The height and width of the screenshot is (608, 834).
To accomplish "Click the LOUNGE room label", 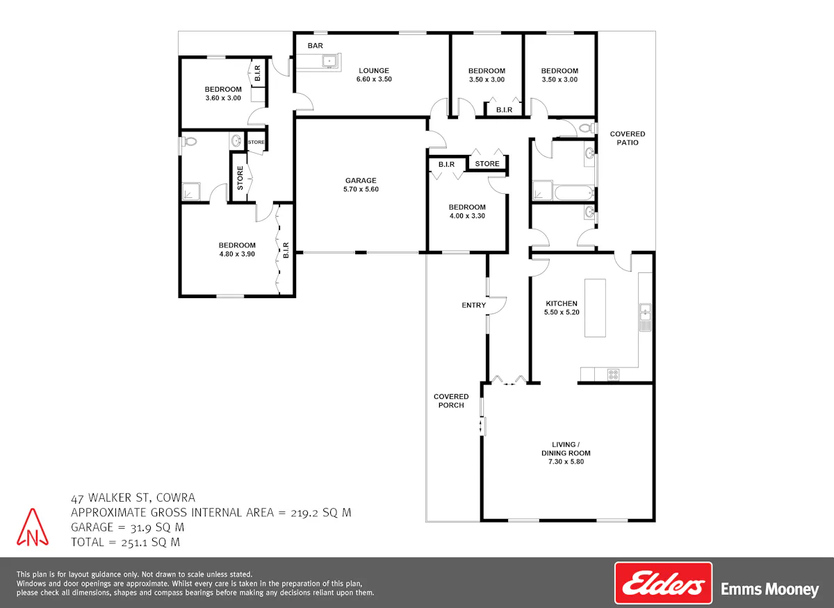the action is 374,71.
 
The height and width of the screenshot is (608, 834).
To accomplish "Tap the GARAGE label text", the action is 361,181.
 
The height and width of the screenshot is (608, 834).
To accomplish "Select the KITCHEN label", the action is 562,304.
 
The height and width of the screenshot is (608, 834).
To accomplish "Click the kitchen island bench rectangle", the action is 595,308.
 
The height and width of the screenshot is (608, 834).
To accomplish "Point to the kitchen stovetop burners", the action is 613,375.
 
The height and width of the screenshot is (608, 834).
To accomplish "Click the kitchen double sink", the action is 645,312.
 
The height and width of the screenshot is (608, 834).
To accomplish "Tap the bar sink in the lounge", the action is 329,61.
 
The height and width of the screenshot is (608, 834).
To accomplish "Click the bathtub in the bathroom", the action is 574,193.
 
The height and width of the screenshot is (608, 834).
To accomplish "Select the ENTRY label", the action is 473,305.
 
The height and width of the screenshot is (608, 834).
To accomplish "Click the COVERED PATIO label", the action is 628,138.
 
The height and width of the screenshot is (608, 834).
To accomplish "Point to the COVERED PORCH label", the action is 451,401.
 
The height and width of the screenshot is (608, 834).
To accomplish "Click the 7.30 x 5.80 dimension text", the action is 566,461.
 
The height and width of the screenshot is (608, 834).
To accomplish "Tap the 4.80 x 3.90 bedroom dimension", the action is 237,254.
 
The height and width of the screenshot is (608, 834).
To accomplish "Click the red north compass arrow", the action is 33,527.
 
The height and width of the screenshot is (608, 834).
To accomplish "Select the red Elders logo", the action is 663,583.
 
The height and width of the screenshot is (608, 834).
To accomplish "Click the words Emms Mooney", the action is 769,589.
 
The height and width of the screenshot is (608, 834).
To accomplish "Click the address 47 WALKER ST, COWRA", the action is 133,498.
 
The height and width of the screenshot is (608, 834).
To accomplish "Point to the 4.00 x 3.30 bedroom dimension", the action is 467,216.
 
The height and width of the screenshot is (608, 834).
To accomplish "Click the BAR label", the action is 315,46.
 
